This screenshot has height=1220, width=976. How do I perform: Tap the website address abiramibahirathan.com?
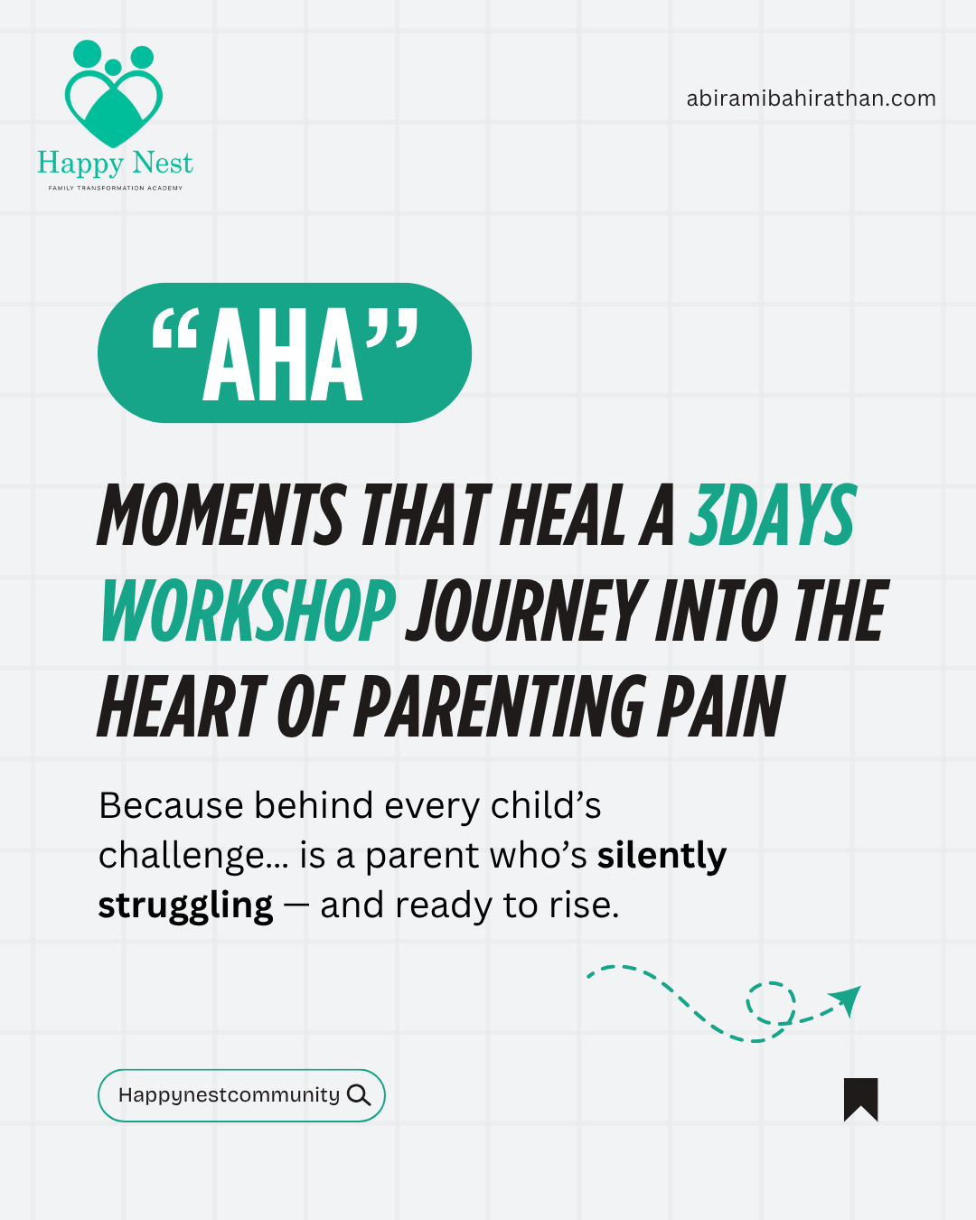(x=811, y=99)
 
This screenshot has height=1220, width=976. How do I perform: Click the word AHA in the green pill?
(x=283, y=355)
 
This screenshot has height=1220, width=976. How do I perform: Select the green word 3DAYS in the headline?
(x=772, y=515)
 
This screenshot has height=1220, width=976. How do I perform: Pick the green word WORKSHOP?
(x=248, y=611)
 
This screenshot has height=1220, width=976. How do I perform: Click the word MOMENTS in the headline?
(x=221, y=515)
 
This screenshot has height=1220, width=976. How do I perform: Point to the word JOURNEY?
(x=527, y=611)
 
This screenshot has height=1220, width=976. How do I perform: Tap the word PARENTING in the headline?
(x=500, y=707)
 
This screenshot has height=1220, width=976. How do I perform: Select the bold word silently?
(x=662, y=856)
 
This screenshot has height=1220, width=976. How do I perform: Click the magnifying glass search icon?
(x=359, y=1095)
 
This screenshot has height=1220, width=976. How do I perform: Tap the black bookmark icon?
(x=860, y=1099)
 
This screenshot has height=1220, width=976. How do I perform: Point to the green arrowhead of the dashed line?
(x=848, y=999)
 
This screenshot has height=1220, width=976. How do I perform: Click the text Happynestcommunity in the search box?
(x=229, y=1095)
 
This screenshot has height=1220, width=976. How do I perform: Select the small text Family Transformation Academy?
(x=115, y=188)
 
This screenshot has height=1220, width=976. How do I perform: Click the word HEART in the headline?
(x=183, y=707)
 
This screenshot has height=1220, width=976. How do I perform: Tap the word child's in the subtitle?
(x=546, y=805)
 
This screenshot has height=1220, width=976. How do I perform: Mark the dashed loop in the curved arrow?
(x=770, y=1003)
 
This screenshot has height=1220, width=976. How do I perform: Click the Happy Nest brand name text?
(x=115, y=164)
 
